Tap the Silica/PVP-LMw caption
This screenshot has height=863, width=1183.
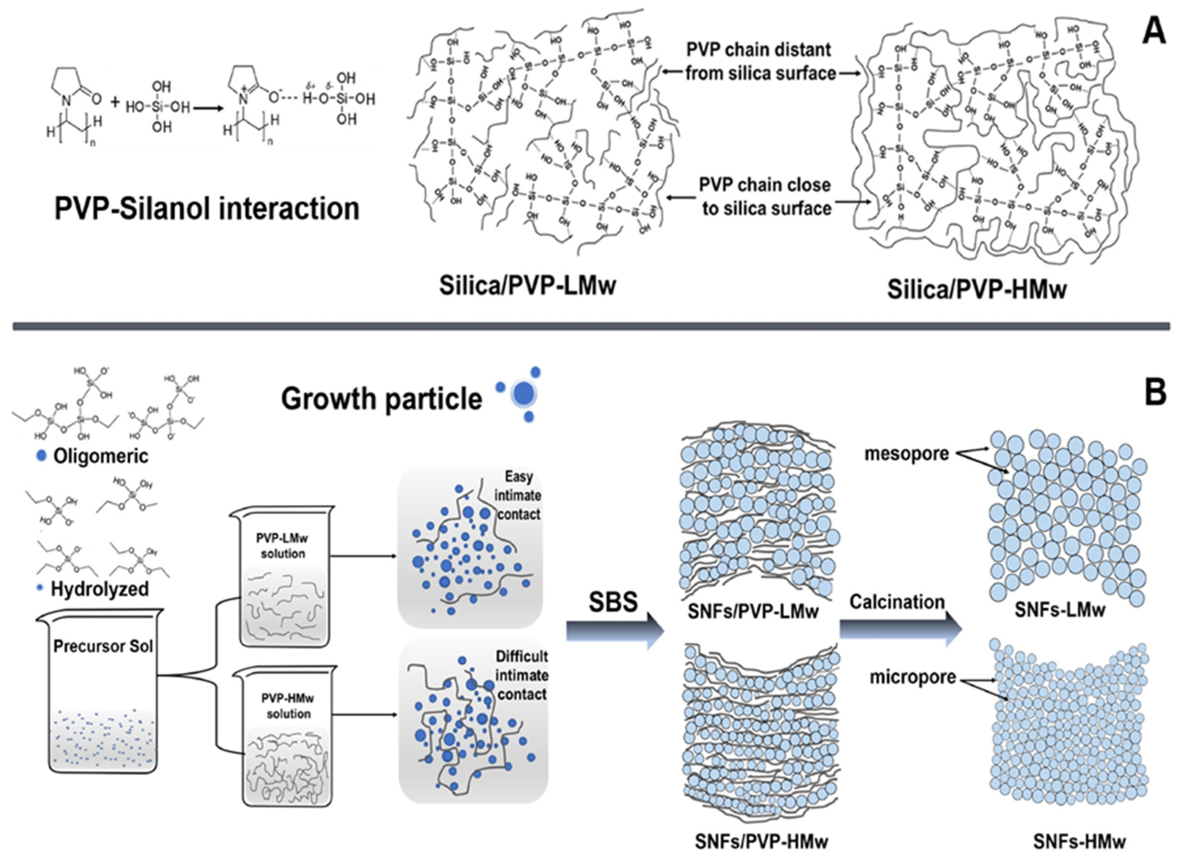tap(527, 286)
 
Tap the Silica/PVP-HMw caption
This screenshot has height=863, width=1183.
tap(976, 289)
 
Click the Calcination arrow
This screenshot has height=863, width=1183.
tap(900, 630)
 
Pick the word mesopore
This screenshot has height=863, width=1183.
tap(906, 453)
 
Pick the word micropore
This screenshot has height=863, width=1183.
tap(912, 678)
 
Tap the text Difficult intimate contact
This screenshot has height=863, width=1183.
tap(522, 675)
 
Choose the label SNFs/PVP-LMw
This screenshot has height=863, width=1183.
tap(752, 611)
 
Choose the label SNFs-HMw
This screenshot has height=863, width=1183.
tap(1079, 842)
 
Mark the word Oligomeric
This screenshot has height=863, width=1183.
tap(100, 456)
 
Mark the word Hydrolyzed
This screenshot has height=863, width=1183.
tap(99, 589)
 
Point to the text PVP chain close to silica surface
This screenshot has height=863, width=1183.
tap(765, 197)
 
